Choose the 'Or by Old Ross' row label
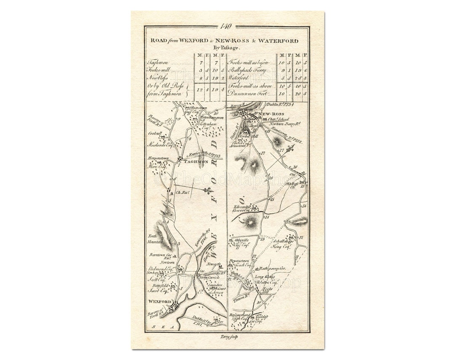point(162,86)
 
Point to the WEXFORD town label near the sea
point(159,302)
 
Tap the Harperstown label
point(157,158)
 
